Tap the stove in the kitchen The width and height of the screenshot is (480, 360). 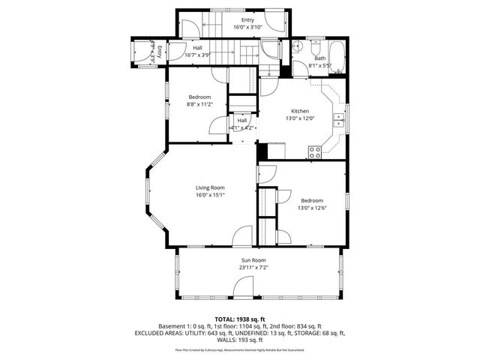[x=316, y=151]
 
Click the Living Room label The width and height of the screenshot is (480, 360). [x=210, y=187]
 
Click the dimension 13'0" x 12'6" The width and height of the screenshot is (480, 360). [x=312, y=208]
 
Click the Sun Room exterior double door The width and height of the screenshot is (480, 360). [x=243, y=287]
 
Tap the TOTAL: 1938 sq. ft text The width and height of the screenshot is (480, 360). [x=239, y=319]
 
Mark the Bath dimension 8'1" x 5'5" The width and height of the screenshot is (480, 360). [x=320, y=66]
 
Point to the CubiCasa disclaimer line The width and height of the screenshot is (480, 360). [x=239, y=349]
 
